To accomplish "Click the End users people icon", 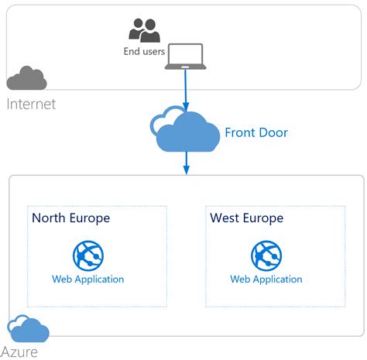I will point(144,30).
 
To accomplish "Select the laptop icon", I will point(185,57).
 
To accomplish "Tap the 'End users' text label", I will point(143,52).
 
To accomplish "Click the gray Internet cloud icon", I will point(27,78).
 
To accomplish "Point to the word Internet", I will point(31,104).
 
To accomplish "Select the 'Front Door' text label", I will point(256,132).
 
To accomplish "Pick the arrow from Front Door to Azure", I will point(186,162).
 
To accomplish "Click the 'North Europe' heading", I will point(70,218).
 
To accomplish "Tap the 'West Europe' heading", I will point(246,218).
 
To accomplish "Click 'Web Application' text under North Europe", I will point(87,279).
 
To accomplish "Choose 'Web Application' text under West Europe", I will point(266,279).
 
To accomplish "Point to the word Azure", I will point(22,352).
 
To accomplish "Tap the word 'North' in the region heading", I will point(48,218).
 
